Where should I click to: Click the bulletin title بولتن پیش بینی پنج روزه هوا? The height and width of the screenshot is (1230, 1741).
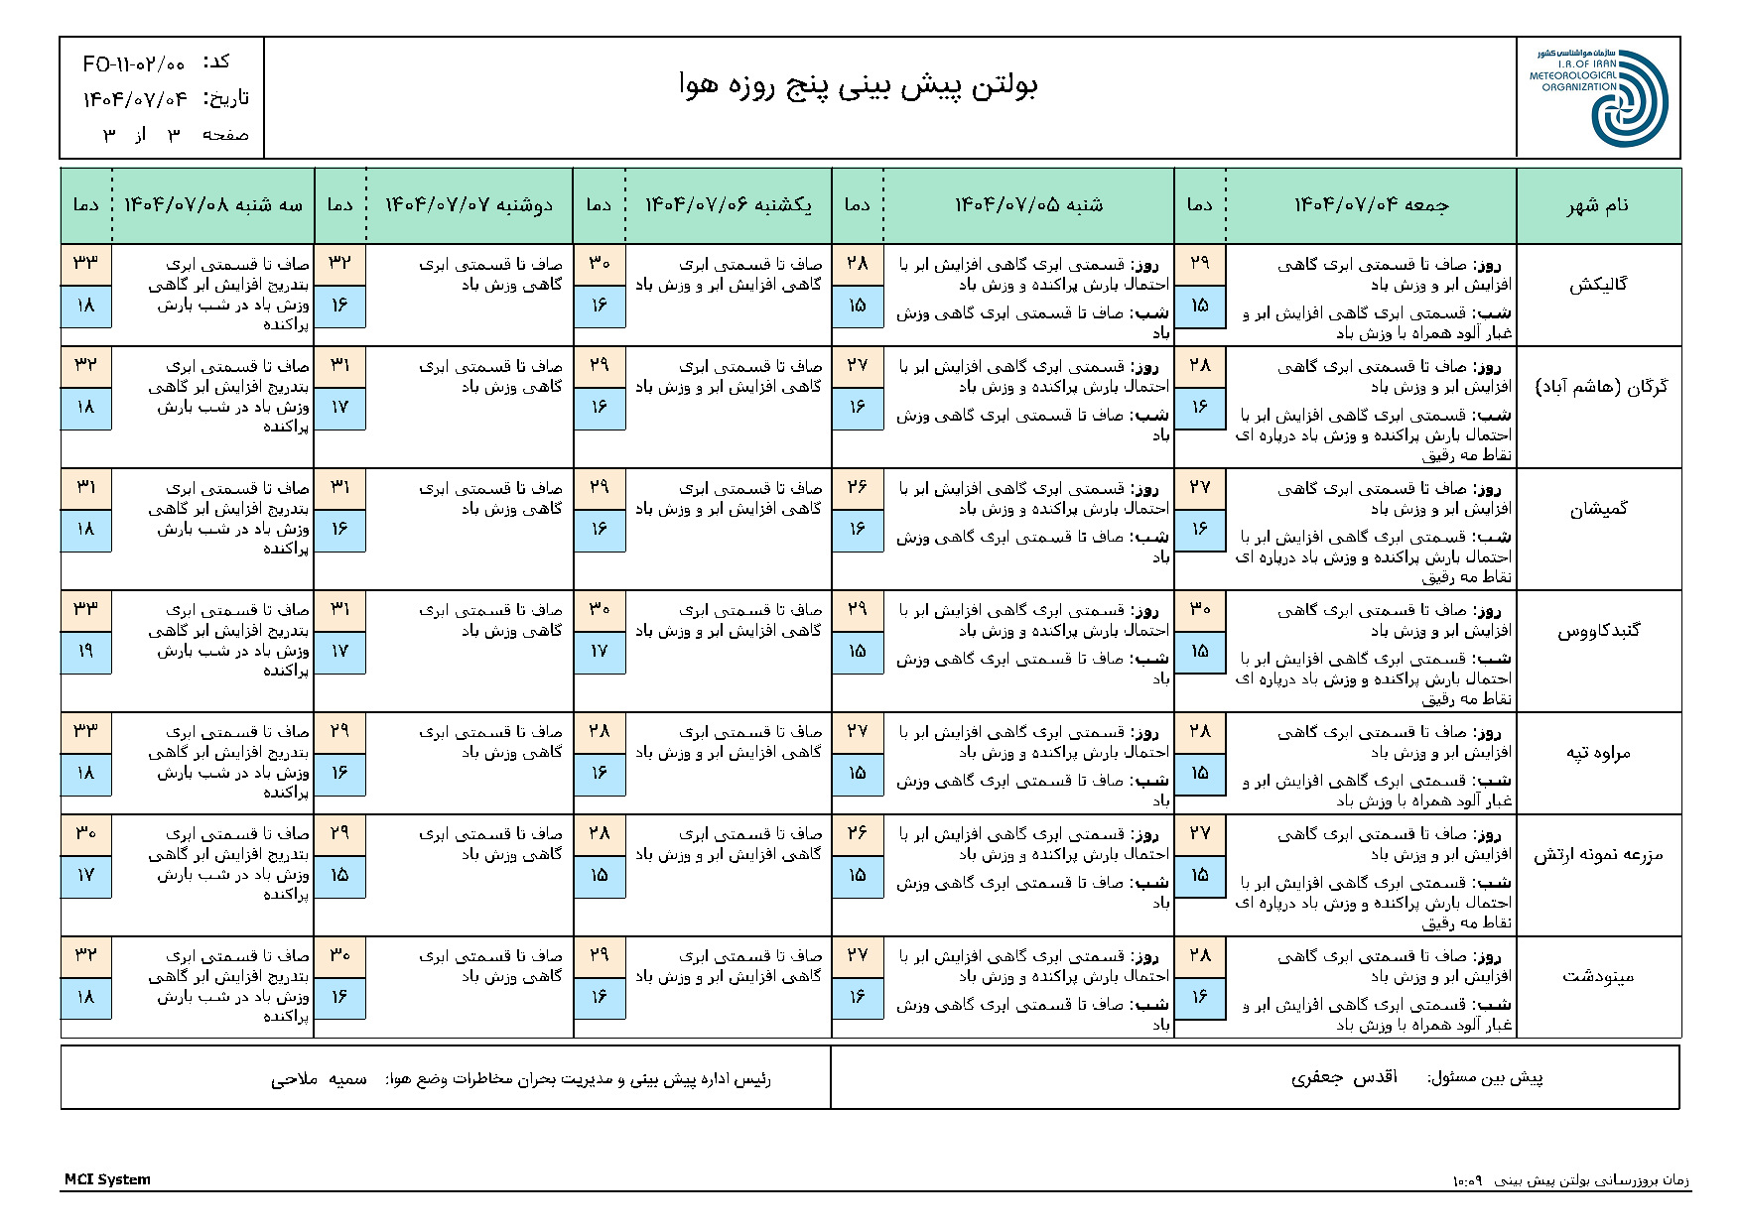coord(859,86)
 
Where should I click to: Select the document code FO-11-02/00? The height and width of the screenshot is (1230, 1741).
coord(134,64)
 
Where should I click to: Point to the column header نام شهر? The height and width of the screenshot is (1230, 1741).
coord(1597,205)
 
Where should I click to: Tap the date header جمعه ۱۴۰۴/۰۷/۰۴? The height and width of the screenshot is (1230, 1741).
coord(1371,205)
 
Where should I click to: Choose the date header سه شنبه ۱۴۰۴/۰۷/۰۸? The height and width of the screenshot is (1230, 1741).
coord(212,205)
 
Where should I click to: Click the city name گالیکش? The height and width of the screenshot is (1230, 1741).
coord(1598,286)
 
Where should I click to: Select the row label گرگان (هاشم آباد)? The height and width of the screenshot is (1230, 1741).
coord(1601,387)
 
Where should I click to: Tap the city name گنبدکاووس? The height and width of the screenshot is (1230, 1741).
coord(1598,631)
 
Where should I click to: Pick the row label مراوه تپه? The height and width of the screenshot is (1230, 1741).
coord(1598,753)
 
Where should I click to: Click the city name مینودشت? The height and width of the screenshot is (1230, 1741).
coord(1598,977)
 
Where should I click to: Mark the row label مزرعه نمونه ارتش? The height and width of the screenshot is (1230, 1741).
coord(1598,855)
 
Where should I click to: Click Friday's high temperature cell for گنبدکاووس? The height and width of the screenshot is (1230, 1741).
coord(1199,609)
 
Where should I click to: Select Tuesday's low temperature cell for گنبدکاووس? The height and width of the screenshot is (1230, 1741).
coord(85,652)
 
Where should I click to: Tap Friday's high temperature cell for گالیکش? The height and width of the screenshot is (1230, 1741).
coord(1199,264)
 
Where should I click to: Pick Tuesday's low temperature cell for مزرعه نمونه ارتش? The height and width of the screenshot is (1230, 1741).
coord(85,876)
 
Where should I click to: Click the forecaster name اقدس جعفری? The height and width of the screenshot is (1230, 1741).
coord(1344,1078)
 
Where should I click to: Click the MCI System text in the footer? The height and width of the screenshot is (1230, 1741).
coord(107,1179)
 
